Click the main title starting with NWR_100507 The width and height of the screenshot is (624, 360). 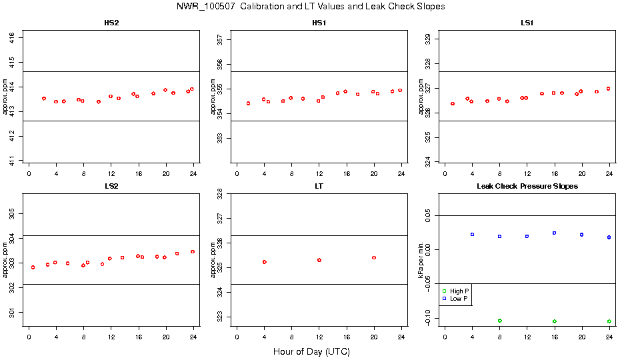(311, 7)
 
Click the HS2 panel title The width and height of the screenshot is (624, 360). (111, 23)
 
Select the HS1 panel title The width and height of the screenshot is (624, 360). (319, 23)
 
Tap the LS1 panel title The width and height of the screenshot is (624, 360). (527, 23)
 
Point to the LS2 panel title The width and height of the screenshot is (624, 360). (111, 186)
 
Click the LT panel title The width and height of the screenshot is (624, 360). (319, 186)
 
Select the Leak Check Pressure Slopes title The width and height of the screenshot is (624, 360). (527, 186)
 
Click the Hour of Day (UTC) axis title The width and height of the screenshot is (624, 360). (311, 351)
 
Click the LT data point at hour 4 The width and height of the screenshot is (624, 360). (265, 262)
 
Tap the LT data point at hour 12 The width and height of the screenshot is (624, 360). (319, 260)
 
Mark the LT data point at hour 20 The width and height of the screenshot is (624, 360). (374, 257)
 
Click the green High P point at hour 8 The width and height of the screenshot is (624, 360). (499, 321)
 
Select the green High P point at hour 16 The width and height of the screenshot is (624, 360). (554, 321)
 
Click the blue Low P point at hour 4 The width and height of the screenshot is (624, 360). (472, 235)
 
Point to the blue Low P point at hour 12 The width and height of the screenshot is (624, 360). (527, 236)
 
